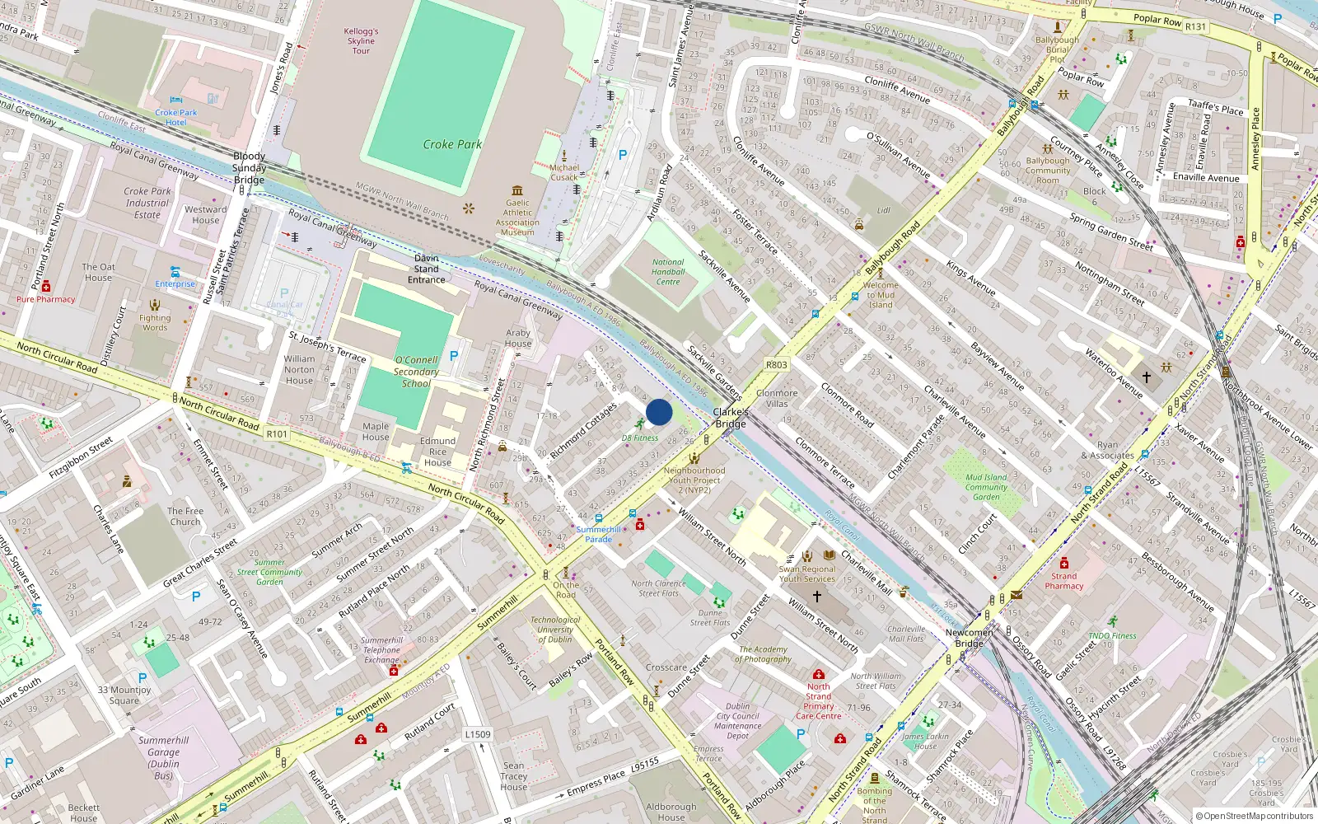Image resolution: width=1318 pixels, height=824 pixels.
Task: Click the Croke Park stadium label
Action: [452, 144]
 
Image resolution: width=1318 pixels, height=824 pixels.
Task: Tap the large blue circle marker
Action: [659, 412]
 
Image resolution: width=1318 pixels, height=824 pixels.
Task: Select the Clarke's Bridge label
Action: [730, 418]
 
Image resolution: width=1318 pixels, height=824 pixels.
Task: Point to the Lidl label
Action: [883, 210]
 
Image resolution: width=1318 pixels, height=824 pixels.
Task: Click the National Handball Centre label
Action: [668, 272]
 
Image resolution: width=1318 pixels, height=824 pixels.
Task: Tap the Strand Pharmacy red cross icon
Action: [1063, 564]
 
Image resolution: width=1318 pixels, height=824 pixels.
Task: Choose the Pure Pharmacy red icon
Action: [46, 287]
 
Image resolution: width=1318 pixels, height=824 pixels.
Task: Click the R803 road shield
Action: [776, 364]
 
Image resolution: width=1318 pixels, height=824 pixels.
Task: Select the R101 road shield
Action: [277, 434]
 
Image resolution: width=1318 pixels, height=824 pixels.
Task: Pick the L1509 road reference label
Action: [478, 734]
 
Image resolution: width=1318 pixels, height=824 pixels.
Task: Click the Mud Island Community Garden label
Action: [986, 487]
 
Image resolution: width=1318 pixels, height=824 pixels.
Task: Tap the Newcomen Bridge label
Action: [970, 638]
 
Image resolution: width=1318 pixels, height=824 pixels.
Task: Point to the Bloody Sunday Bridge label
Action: [249, 167]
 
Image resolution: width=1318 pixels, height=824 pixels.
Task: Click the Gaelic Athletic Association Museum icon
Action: [517, 190]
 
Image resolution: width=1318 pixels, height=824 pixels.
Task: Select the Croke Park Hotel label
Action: [176, 117]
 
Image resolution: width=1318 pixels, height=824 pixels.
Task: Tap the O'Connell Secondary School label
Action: [416, 372]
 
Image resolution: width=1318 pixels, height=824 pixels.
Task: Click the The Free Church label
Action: [185, 516]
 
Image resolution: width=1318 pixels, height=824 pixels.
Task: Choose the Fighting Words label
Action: [155, 322]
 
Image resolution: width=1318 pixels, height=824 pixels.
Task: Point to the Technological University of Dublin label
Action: [555, 630]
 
